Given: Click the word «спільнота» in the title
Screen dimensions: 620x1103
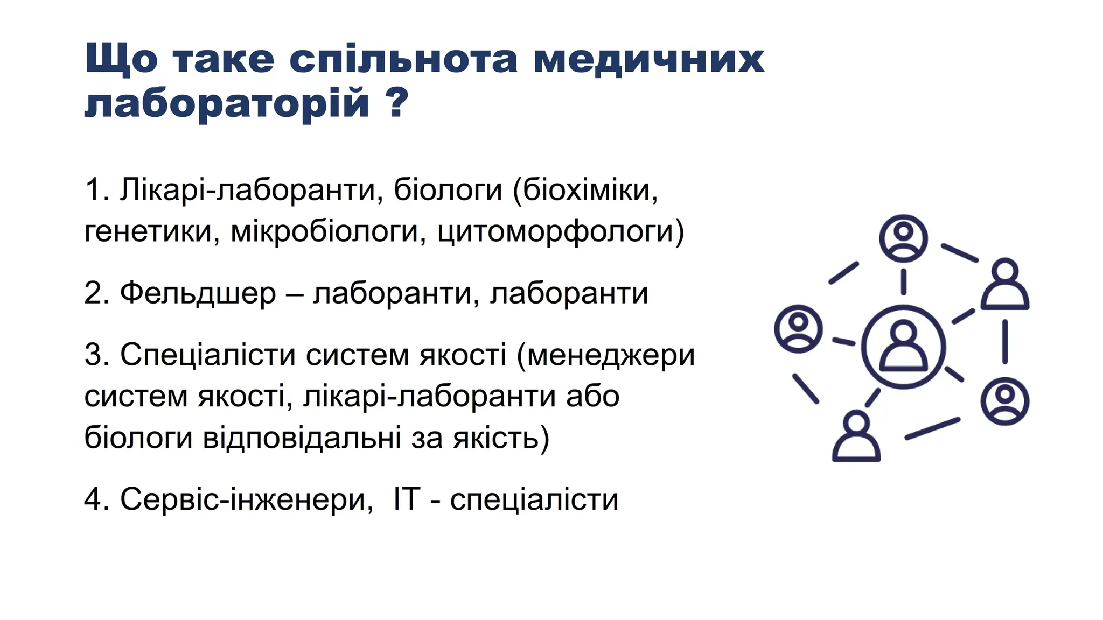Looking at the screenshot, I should (x=403, y=59).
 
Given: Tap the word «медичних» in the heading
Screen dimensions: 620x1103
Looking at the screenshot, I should (x=648, y=59).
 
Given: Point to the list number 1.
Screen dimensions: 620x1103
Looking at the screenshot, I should (x=94, y=190).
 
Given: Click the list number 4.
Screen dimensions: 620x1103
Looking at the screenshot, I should (x=94, y=499).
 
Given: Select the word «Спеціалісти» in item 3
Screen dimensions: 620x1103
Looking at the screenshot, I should (x=207, y=355).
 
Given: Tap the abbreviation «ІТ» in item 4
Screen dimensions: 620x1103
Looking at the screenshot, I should (x=406, y=499).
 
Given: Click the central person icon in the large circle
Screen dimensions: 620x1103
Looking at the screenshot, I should (x=903, y=347).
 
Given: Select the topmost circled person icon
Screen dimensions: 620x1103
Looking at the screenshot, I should (x=903, y=238).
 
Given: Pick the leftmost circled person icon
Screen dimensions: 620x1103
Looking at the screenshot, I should (x=798, y=329).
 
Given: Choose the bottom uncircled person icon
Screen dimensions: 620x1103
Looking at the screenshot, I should (x=856, y=436).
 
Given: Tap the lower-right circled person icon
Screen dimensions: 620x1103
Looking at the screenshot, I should (x=1004, y=401).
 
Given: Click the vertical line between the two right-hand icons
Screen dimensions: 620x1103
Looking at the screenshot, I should (x=1004, y=342).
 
